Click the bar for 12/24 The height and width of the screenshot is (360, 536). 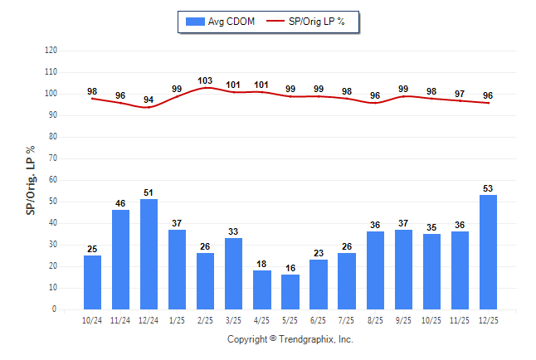pyautogui.click(x=149, y=254)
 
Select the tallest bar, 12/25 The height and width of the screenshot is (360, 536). pyautogui.click(x=488, y=252)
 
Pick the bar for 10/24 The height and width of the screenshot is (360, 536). pyautogui.click(x=93, y=282)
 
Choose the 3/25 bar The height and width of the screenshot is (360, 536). pyautogui.click(x=234, y=273)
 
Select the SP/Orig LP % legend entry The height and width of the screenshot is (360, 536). pyautogui.click(x=315, y=21)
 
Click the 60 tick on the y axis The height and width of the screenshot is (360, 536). pyautogui.click(x=52, y=180)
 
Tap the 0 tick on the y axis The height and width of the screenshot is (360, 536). pyautogui.click(x=55, y=309)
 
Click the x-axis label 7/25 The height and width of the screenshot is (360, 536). pyautogui.click(x=347, y=319)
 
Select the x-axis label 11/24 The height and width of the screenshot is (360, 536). pyautogui.click(x=121, y=319)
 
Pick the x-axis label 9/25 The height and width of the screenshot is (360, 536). pyautogui.click(x=403, y=319)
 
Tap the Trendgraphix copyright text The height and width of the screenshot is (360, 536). pyautogui.click(x=290, y=339)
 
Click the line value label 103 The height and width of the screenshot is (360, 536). pyautogui.click(x=206, y=80)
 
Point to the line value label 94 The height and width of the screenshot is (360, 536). pyautogui.click(x=149, y=100)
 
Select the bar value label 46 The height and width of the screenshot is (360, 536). pyautogui.click(x=121, y=203)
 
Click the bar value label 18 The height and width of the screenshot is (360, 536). pyautogui.click(x=262, y=264)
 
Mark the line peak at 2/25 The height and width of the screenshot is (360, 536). pyautogui.click(x=206, y=87)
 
